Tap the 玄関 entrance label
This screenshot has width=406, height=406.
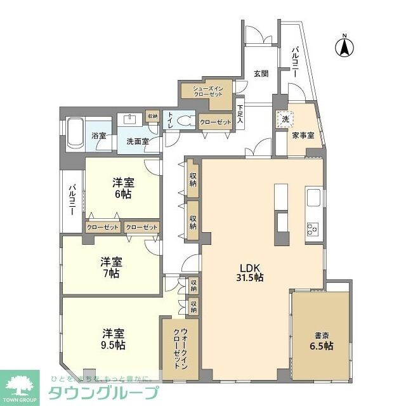coord(261,74)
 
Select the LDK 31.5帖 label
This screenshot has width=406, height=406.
coord(250,272)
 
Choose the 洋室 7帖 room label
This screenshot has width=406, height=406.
coord(110,268)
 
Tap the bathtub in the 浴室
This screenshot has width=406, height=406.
coord(72,135)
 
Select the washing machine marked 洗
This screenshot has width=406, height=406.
coord(285,119)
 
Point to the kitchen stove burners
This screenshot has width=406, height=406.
coord(312,229)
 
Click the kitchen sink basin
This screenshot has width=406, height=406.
coord(314,198)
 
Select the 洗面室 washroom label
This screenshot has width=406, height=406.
coord(137,141)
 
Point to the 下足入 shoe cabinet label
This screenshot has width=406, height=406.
coord(240,114)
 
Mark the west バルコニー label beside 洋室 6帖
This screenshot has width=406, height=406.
coord(73,200)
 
